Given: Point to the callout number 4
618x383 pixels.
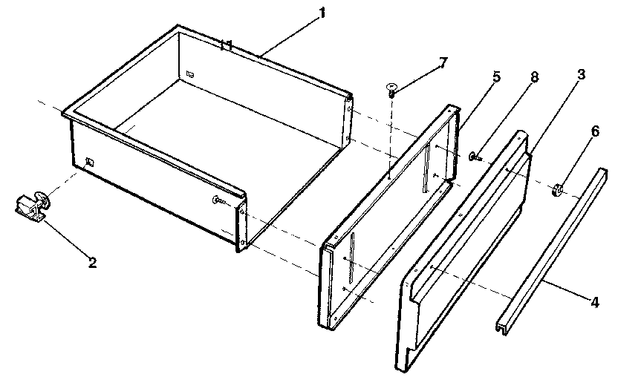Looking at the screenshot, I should coord(595,302).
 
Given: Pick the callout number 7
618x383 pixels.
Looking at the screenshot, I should coord(444,62).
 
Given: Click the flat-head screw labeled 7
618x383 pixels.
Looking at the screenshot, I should coord(391,91).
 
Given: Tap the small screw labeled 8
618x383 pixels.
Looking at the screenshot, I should coord(474,156).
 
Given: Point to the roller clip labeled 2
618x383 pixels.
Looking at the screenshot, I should coord(30,205).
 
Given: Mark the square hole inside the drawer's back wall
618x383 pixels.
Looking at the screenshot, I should coord(190,73).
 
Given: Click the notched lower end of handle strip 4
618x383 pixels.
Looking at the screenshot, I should coord(504,325).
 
